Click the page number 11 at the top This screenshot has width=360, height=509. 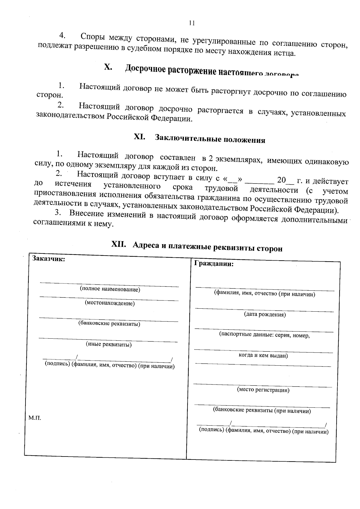[x=192, y=23]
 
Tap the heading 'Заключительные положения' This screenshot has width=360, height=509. [x=210, y=139]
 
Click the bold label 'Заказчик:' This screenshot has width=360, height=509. [x=49, y=259]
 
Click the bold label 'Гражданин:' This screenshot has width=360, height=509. [x=214, y=264]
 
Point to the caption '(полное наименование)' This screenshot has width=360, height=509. [x=110, y=290]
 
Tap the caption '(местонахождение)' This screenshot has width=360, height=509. [x=110, y=303]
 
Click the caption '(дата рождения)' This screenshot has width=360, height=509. [x=265, y=315]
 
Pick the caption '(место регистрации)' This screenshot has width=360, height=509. [x=263, y=390]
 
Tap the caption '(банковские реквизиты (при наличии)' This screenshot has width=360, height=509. [x=262, y=411]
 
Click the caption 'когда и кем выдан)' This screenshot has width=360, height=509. [x=263, y=356]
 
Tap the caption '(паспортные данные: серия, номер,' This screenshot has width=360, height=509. [x=264, y=335]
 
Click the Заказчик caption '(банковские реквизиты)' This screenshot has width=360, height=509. [x=109, y=324]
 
